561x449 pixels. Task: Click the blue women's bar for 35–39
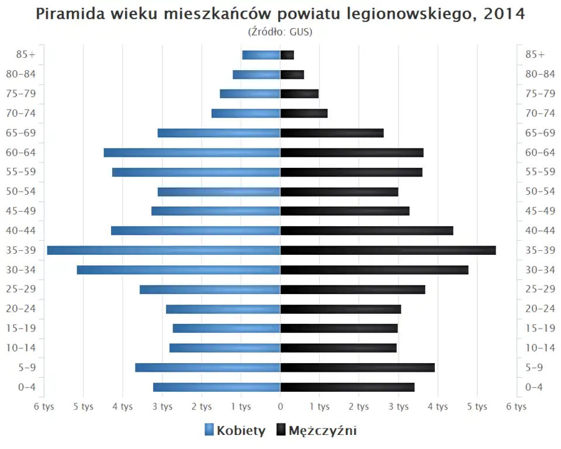click(164, 250)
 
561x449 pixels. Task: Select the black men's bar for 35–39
click(388, 250)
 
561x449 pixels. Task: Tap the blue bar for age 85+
click(261, 55)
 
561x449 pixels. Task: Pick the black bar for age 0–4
click(348, 387)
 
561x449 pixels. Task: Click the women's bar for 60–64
click(192, 153)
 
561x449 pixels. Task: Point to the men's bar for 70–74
click(304, 113)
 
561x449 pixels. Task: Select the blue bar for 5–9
click(207, 368)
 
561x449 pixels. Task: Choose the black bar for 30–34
click(375, 270)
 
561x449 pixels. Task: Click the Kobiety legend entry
click(235, 431)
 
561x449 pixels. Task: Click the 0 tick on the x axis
click(280, 407)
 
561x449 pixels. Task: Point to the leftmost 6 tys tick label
click(44, 407)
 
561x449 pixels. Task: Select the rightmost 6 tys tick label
click(517, 407)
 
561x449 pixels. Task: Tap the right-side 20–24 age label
click(540, 309)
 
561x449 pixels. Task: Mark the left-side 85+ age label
click(26, 54)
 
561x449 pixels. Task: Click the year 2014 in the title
click(504, 14)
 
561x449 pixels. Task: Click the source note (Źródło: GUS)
click(280, 32)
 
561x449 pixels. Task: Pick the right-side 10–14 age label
click(540, 348)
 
